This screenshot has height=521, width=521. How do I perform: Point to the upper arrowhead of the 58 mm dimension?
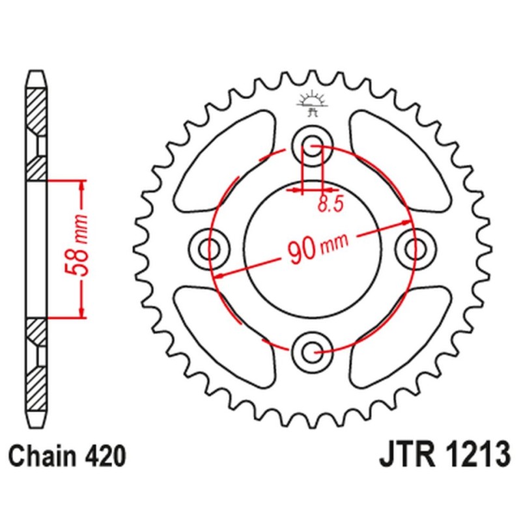[82, 186]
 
